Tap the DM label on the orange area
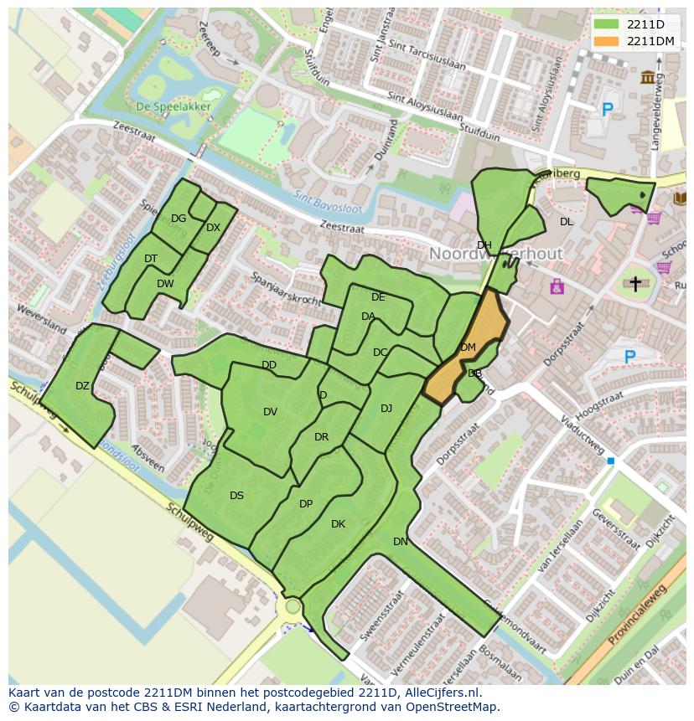(x=468, y=348)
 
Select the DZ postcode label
(x=82, y=386)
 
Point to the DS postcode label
(x=236, y=496)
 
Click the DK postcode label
(x=338, y=524)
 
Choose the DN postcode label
(x=401, y=542)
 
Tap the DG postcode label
(x=178, y=219)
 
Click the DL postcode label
(x=567, y=222)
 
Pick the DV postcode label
(x=270, y=411)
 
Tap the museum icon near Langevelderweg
(x=648, y=78)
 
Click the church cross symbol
(x=635, y=285)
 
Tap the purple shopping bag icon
(x=557, y=287)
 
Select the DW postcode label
(x=165, y=284)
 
